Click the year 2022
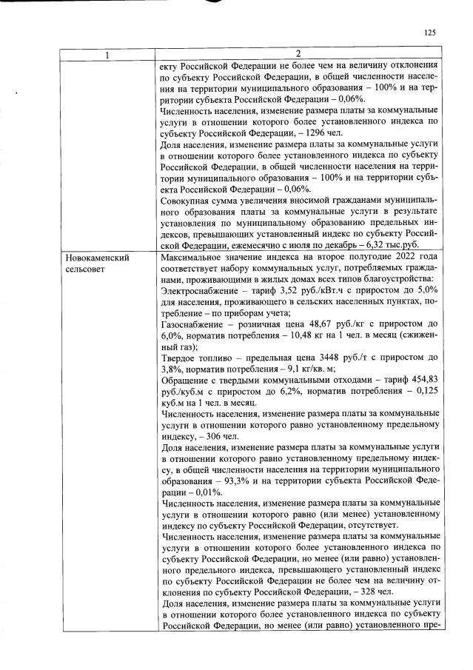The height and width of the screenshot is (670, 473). point(397,258)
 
